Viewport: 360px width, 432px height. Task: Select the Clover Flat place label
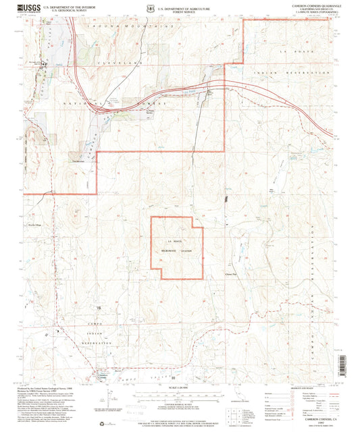(232, 274)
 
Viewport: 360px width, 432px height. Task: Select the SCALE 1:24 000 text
(180, 388)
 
